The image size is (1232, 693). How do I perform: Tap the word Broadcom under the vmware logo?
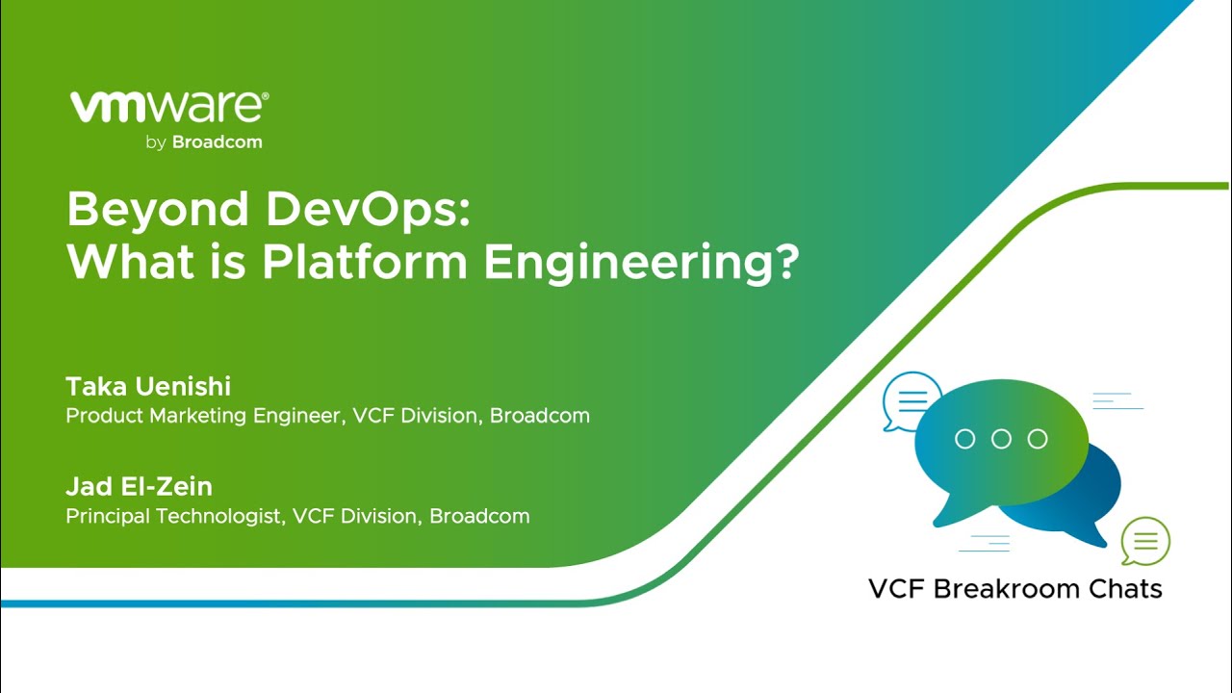tap(218, 141)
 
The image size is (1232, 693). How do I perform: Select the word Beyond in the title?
tap(158, 210)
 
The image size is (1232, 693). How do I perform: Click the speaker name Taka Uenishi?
tap(148, 386)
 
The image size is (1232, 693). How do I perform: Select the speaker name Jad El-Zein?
tap(139, 486)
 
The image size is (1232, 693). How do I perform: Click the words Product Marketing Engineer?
tap(203, 416)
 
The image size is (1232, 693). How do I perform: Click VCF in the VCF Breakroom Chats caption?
tap(897, 589)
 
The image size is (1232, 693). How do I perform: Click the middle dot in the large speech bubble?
tap(1001, 439)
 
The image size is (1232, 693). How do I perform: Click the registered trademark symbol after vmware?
tap(267, 96)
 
